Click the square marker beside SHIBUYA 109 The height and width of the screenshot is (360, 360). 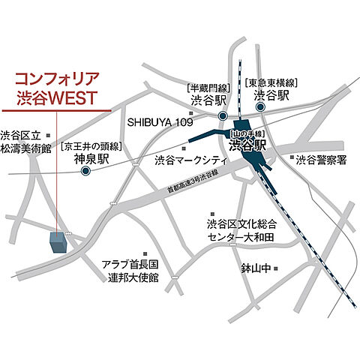click(x=191, y=121)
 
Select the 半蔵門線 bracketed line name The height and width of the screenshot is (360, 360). click(x=207, y=88)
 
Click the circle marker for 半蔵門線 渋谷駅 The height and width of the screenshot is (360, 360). click(x=223, y=116)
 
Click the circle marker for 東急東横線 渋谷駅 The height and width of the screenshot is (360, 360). click(x=260, y=106)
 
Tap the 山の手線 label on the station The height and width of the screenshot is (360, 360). click(x=247, y=133)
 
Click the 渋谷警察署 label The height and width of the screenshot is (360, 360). click(x=322, y=159)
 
